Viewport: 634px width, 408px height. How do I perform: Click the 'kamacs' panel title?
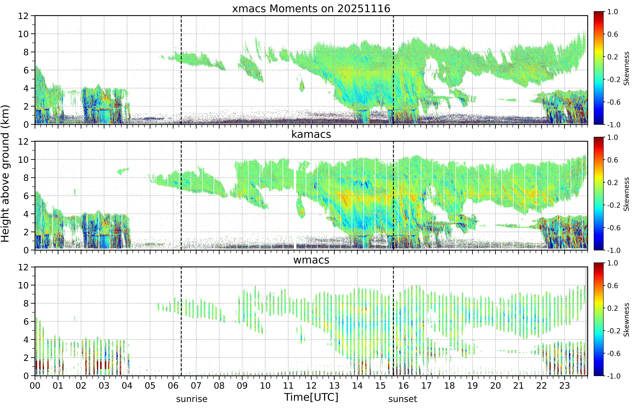[311, 134]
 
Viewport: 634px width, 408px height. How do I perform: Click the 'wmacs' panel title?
[311, 260]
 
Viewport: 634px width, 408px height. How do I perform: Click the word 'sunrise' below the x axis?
[192, 399]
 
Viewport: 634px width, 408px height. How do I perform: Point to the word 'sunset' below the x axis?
[403, 399]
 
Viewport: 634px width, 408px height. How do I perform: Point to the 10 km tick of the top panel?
[23, 34]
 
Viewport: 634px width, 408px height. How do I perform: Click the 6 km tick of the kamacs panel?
[26, 196]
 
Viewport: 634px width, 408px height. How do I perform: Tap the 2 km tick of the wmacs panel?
[26, 358]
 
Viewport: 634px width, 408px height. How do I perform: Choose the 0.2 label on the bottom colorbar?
[613, 308]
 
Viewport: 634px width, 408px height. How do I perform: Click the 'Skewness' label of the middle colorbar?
[626, 194]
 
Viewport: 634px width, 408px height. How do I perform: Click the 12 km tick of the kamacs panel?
[23, 142]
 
